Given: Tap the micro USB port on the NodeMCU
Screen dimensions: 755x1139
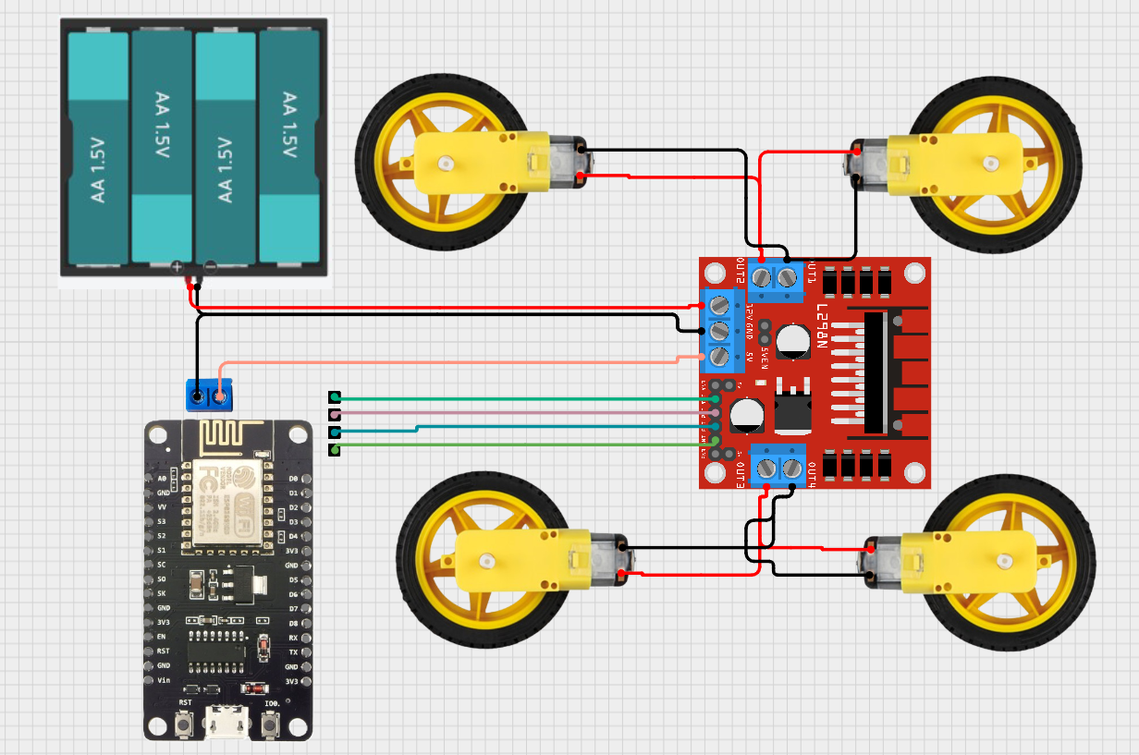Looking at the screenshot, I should point(227,723).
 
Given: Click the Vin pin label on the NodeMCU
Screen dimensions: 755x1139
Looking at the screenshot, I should point(163,680).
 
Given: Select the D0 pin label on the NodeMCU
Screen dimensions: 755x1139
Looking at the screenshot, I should point(293,479).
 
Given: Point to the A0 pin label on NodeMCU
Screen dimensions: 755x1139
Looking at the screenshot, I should point(163,479).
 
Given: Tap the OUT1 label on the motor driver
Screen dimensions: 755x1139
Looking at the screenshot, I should point(812,274).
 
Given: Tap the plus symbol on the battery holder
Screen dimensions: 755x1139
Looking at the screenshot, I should point(178,266).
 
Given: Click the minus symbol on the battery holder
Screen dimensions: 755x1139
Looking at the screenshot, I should point(210,266).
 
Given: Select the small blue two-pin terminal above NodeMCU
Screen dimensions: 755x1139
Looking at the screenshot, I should point(209,395).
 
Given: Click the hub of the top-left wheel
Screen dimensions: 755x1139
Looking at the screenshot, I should point(445,164).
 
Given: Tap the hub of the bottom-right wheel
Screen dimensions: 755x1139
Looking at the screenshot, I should point(1004,559).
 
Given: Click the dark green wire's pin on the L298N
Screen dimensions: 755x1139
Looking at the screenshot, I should point(716,399).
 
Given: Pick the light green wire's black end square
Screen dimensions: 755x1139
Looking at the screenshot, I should point(335,449).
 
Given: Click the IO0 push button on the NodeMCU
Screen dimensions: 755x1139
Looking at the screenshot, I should point(270,726).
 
